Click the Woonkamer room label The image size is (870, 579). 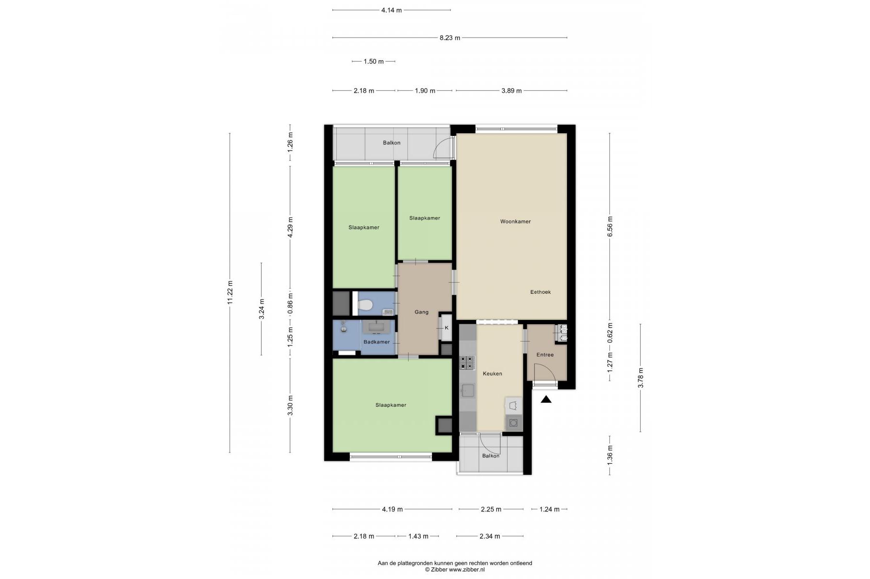[515, 222]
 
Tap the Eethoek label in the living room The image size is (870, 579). [540, 292]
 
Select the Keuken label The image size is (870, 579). [492, 374]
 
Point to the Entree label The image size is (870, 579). [545, 355]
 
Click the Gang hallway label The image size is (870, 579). [421, 312]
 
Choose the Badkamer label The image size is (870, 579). [376, 343]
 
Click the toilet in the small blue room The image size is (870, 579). [365, 305]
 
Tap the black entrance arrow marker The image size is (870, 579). [546, 399]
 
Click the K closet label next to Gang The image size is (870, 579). [446, 328]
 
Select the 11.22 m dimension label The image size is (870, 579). [230, 292]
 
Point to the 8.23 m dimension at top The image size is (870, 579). [450, 38]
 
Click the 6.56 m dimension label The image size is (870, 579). [610, 227]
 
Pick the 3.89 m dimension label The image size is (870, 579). [511, 91]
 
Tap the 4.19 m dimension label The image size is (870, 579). [392, 509]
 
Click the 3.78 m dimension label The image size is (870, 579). [641, 378]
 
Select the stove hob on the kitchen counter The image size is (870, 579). [467, 363]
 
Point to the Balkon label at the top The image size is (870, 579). [392, 143]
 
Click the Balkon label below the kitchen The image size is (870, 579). [491, 456]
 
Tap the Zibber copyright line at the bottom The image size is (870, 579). [455, 570]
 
